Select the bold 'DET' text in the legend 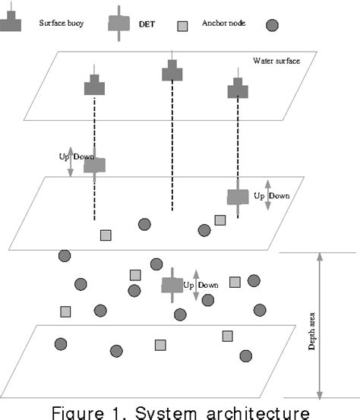[x=149, y=25]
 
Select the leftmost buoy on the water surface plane [x=94, y=84]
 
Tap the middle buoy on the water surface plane [x=172, y=72]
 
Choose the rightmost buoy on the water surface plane [x=238, y=89]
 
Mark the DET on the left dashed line [x=94, y=165]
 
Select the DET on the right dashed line [x=238, y=196]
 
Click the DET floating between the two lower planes [x=172, y=285]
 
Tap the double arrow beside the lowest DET [x=196, y=285]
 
